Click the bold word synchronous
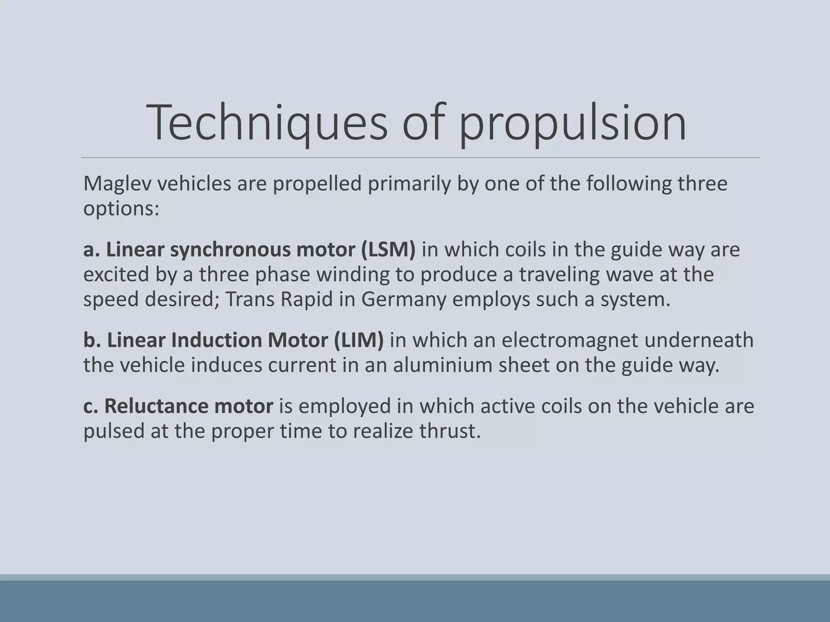click(x=230, y=250)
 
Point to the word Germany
click(x=403, y=300)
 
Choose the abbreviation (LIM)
click(x=359, y=340)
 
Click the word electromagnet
click(x=569, y=340)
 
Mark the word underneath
click(x=699, y=340)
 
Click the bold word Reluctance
click(x=189, y=406)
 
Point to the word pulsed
click(x=114, y=431)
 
